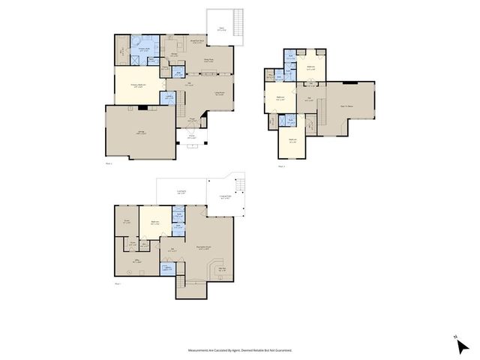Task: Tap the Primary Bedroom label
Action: [134, 85]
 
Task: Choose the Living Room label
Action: [220, 94]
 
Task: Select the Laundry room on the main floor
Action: [169, 96]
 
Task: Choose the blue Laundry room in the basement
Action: [169, 268]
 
